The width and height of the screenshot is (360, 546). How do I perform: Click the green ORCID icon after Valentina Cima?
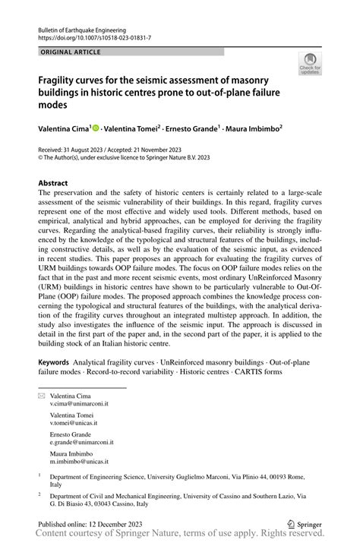(x=96, y=130)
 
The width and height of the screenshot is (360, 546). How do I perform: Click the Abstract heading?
(x=54, y=183)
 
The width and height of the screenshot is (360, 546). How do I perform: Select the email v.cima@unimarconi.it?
(x=80, y=405)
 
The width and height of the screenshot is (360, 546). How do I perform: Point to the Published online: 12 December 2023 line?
(x=96, y=523)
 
